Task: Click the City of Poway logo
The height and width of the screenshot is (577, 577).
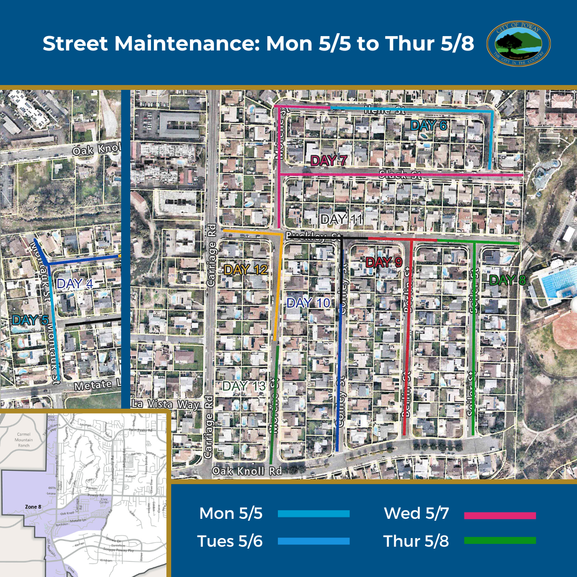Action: click(518, 43)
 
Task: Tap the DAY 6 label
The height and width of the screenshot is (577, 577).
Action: click(428, 126)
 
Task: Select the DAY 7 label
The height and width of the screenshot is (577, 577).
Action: click(328, 161)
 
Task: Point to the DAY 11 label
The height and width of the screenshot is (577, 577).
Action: click(341, 220)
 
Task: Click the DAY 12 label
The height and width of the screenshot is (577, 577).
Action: click(246, 270)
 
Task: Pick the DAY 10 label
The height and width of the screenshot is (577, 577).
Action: click(308, 303)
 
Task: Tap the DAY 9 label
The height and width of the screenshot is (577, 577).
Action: click(384, 263)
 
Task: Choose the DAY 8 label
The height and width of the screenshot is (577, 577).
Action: click(507, 280)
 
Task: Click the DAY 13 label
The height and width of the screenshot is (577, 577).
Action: click(244, 386)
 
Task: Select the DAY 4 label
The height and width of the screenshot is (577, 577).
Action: click(75, 284)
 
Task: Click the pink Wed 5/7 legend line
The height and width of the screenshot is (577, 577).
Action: click(500, 515)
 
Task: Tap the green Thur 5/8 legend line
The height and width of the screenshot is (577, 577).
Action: click(500, 541)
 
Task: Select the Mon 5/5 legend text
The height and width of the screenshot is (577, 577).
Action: click(231, 514)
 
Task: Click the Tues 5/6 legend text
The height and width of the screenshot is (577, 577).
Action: click(230, 541)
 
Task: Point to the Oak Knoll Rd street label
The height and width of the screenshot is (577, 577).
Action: click(247, 471)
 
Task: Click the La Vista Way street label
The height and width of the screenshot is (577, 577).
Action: click(165, 404)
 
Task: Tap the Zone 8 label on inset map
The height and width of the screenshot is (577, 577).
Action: click(33, 507)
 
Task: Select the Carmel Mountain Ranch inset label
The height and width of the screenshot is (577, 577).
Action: click(24, 439)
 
